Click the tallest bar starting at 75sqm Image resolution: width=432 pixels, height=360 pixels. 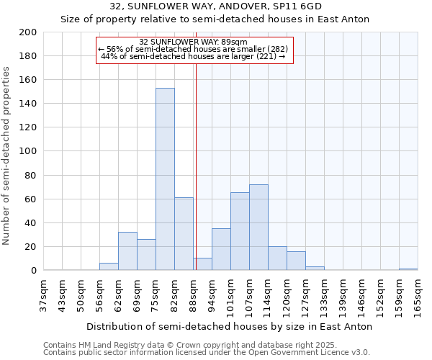[165, 179]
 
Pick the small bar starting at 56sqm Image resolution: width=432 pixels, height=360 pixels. [109, 266]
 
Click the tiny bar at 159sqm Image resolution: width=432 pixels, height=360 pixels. [408, 269]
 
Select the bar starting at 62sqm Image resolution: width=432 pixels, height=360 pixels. [127, 251]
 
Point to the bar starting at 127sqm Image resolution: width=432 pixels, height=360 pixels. [315, 268]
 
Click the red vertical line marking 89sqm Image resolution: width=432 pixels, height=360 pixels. [196, 166]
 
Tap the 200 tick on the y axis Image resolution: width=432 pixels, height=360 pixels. [28, 32]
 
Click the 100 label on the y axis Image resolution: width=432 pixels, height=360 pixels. [28, 151]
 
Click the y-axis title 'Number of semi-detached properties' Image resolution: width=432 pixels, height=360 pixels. [7, 156]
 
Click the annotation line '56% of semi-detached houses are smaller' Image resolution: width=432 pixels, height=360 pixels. [193, 49]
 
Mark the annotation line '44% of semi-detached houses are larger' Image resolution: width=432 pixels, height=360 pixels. [193, 56]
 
